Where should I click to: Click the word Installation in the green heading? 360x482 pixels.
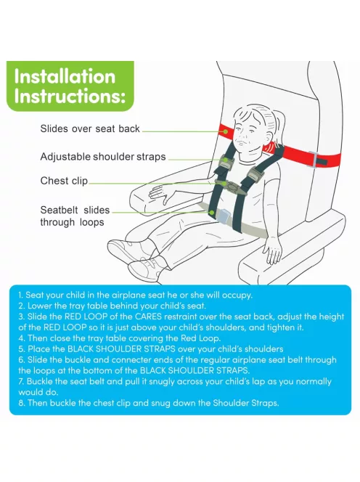[x=65, y=76]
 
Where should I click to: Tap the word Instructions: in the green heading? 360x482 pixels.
[x=70, y=96]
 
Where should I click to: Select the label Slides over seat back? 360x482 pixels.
[x=90, y=128]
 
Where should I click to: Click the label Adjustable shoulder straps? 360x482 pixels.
[x=103, y=157]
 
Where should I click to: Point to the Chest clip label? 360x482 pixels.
[x=64, y=181]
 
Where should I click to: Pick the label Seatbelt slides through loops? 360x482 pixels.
[x=75, y=216]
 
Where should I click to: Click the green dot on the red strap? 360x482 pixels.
[x=225, y=131]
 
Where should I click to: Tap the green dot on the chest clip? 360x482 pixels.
[x=225, y=184]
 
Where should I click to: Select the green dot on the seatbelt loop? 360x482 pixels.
[x=211, y=212]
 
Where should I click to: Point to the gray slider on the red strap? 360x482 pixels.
[x=313, y=160]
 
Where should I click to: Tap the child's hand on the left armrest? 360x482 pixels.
[x=160, y=195]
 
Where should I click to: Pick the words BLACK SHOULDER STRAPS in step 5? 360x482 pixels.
[x=121, y=349]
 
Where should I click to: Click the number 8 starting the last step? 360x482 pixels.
[x=20, y=403]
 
